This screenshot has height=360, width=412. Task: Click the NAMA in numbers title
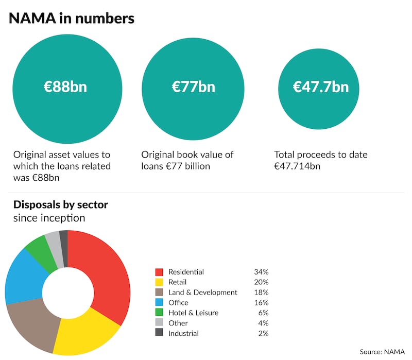point(71,19)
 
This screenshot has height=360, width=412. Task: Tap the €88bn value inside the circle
point(65,87)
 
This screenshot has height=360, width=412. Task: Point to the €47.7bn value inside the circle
point(320,87)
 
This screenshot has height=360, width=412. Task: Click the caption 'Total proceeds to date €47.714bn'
point(320,160)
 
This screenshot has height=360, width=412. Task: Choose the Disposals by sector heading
point(61,204)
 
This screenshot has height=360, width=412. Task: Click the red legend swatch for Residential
point(159,272)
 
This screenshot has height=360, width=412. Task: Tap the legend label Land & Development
point(203,293)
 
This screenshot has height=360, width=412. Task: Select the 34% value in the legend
point(261,272)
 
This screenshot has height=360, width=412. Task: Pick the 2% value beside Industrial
point(263,333)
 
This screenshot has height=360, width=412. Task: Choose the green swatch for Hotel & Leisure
point(159,313)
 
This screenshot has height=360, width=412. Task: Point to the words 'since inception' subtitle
point(49,218)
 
